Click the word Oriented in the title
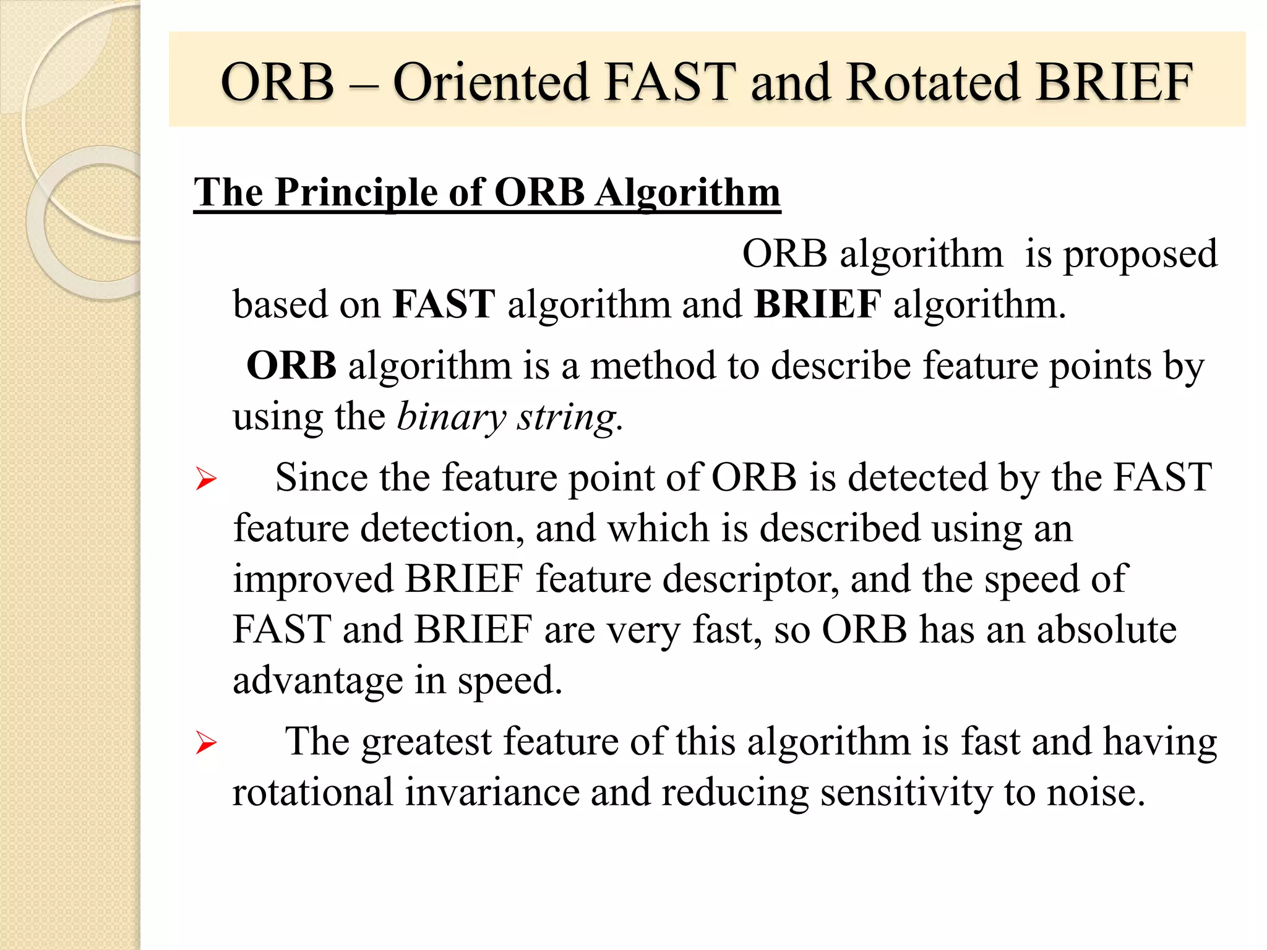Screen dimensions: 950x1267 [x=491, y=82]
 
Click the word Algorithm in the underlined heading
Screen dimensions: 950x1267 [x=687, y=192]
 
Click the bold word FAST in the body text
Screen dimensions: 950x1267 [x=444, y=305]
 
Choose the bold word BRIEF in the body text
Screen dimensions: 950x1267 [x=817, y=305]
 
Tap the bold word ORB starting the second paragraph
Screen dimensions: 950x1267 [x=291, y=366]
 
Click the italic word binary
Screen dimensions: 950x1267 [x=451, y=417]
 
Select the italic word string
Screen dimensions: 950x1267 [x=567, y=417]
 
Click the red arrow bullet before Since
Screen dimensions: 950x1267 [x=206, y=479]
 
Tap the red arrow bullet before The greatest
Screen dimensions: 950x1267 [x=206, y=742]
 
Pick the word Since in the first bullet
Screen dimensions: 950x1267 [x=321, y=478]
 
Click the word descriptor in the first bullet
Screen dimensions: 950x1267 [x=750, y=580]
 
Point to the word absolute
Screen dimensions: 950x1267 [x=1106, y=630]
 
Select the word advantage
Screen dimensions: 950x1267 [x=317, y=681]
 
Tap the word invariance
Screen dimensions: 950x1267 [x=492, y=792]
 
